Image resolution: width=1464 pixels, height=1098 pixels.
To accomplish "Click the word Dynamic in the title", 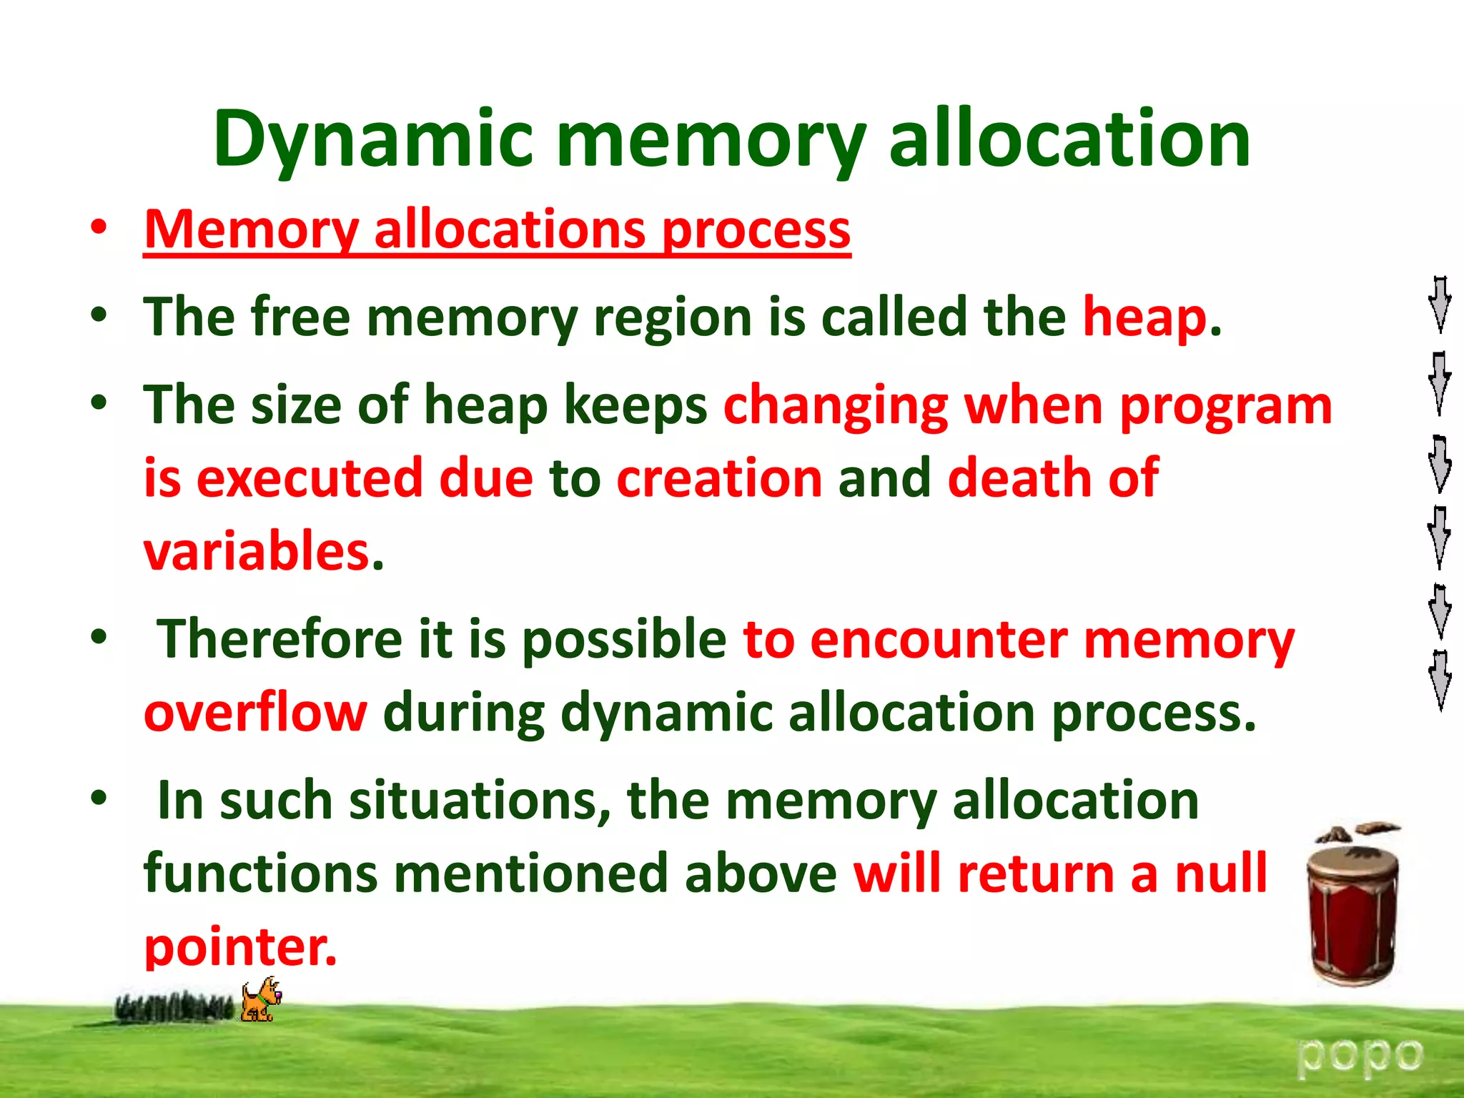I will point(372,139).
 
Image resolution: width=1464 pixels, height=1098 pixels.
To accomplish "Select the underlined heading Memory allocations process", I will point(497,230).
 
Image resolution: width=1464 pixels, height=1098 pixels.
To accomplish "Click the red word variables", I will point(257,551).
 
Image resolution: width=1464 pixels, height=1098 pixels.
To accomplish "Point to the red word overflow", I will point(255,713).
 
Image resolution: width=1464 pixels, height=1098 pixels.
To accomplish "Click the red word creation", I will point(718,478).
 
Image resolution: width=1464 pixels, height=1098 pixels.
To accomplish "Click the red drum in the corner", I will point(1352,911).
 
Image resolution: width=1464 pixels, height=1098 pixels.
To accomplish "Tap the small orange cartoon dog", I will point(260,999).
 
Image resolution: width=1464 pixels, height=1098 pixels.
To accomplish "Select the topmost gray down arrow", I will point(1439,305).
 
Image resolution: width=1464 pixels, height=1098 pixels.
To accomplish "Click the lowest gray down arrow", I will point(1439,680).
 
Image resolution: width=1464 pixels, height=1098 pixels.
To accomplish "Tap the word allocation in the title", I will point(1069,139).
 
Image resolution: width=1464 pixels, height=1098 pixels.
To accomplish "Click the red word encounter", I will point(939,638).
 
